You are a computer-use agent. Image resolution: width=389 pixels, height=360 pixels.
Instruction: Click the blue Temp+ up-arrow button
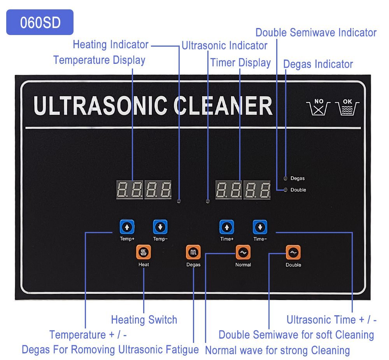(x=127, y=227)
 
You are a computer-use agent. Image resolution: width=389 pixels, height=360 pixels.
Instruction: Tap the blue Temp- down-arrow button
(x=160, y=227)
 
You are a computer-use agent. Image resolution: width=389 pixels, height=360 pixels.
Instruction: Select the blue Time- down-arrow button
(x=260, y=227)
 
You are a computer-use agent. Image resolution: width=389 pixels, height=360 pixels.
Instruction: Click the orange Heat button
(x=144, y=253)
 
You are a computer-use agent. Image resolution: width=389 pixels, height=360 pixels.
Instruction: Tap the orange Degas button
(x=193, y=253)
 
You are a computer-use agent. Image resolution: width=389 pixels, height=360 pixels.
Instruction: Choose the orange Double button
(x=293, y=253)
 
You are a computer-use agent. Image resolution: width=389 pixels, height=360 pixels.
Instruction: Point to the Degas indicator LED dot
(x=286, y=178)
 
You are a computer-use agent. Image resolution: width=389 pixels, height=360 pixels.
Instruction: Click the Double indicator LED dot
(x=286, y=190)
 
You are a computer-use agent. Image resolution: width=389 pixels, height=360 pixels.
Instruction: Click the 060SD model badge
(x=40, y=23)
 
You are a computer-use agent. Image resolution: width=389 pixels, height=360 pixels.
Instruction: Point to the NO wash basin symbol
(x=319, y=107)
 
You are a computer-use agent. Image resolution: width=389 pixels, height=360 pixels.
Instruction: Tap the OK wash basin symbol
(x=347, y=107)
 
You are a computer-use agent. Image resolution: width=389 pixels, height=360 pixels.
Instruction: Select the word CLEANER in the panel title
(x=223, y=105)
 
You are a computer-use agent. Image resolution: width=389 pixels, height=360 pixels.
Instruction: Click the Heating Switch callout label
(x=144, y=320)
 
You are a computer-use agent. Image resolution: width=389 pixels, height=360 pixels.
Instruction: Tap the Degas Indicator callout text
(x=318, y=64)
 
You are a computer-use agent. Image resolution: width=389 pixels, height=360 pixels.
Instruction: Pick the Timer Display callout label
(x=240, y=63)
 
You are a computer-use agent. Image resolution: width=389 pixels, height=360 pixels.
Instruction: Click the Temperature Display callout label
(x=99, y=60)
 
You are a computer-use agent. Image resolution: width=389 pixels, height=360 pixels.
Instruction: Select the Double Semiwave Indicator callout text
(x=316, y=33)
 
